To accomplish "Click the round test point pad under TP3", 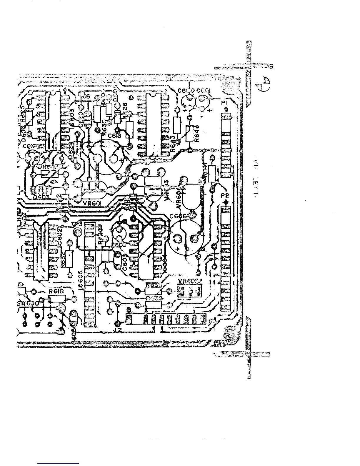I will pos(78,233).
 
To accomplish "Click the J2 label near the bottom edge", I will pos(118,330).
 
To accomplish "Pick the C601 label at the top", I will pos(203,91).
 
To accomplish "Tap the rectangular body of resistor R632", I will pos(69,259).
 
